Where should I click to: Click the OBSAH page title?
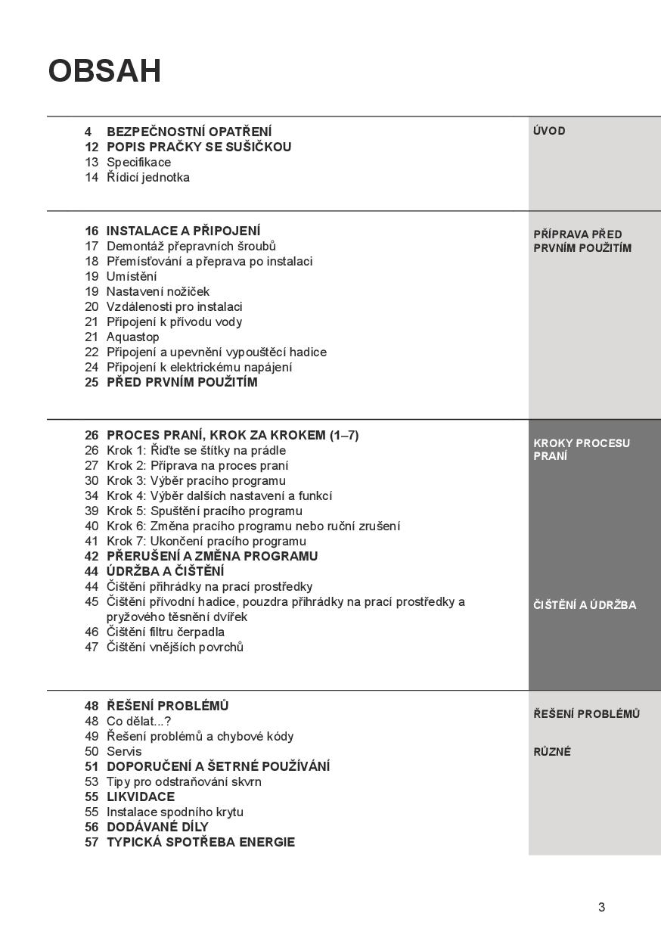coord(104,71)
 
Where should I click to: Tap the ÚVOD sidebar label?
coord(549,131)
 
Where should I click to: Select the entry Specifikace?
coord(138,162)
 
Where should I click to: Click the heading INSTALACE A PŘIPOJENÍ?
coord(183,231)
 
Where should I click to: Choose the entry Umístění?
coord(132,276)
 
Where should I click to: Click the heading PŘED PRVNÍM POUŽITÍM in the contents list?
coord(182,382)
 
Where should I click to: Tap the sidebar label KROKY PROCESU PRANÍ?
coord(581,449)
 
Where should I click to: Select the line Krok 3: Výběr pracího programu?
coord(196,480)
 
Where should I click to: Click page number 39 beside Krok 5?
coord(92,511)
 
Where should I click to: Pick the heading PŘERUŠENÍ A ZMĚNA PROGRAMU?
coord(212,556)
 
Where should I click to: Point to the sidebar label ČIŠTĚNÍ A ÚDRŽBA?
coord(585,605)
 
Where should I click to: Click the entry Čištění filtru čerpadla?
coord(165,632)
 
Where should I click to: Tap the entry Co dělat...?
coord(138,721)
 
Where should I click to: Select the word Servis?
coord(123,751)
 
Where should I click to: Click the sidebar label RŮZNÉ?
coord(552,752)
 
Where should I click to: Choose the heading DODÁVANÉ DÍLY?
coord(157,827)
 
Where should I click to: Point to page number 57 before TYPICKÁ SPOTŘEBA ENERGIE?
coord(92,842)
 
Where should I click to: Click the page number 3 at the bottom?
coord(601,908)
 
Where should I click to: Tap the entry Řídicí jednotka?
coord(147,177)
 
